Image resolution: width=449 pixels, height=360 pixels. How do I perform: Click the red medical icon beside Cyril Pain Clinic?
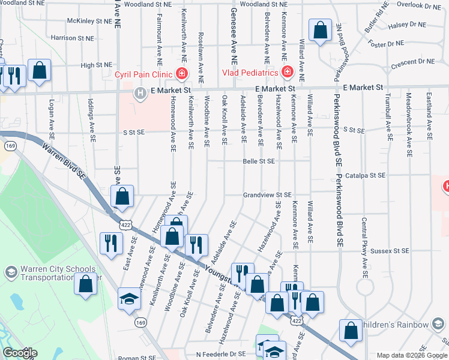tap(182, 74)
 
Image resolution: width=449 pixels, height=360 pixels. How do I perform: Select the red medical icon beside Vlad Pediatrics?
tap(287, 73)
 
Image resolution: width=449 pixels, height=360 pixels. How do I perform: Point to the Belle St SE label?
tap(259, 161)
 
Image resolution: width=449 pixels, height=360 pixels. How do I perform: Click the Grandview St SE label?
tap(267, 195)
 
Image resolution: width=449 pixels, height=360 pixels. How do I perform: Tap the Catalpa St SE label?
tap(367, 175)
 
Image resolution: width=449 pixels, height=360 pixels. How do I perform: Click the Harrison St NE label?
tap(73, 38)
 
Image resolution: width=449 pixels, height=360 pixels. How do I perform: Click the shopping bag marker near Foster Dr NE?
tap(321, 31)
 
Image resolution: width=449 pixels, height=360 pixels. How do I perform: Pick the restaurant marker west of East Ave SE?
tap(110, 244)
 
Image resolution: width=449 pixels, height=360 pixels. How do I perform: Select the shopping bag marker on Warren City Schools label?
tap(85, 283)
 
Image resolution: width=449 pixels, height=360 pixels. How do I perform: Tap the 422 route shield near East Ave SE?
tap(125, 225)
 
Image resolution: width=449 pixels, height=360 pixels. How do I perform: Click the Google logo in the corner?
tap(20, 353)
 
